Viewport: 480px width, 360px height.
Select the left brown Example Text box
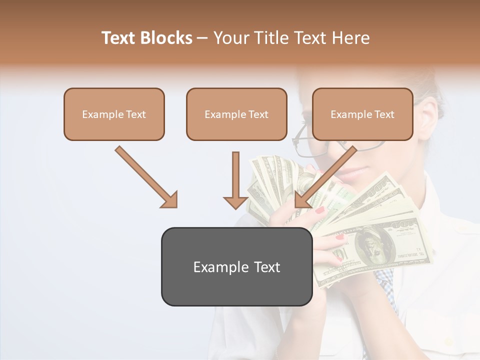114,114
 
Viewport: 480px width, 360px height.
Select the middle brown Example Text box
236,114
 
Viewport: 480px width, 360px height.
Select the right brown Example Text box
362,114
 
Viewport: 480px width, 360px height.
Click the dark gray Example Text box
236,266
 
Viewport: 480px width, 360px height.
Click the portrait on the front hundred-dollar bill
372,245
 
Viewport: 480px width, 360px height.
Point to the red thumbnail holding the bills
320,210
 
